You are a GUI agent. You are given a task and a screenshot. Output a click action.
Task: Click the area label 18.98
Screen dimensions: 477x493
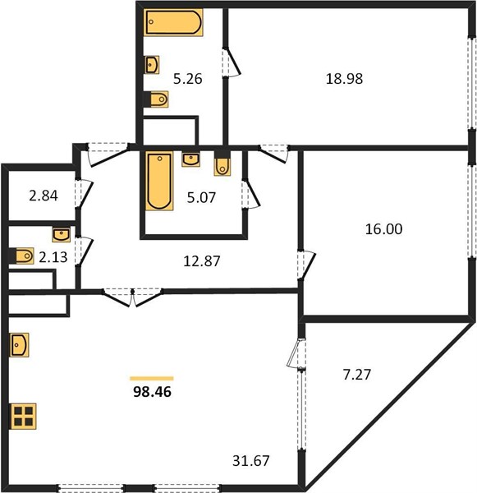[344, 79]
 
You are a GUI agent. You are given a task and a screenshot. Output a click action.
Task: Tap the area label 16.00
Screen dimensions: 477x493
[383, 229]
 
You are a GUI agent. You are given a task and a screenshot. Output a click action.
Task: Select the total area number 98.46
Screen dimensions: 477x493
[152, 392]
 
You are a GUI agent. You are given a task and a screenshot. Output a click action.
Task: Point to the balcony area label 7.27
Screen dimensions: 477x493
[357, 375]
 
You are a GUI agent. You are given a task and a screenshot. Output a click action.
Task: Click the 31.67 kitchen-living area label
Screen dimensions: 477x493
[250, 461]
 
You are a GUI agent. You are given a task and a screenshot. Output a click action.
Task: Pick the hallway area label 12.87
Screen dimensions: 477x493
[201, 261]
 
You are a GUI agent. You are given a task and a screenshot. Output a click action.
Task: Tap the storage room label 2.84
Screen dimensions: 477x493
[44, 196]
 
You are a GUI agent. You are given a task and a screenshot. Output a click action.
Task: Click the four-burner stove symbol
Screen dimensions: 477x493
[24, 416]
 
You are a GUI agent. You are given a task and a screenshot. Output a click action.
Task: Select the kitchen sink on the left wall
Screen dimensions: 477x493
[20, 345]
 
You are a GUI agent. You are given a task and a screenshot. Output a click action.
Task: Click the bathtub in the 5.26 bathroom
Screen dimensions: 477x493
[173, 22]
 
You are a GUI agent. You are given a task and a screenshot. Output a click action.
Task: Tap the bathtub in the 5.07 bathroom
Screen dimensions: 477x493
[159, 181]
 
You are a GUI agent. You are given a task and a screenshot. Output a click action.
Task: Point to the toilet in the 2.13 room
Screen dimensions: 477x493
[22, 256]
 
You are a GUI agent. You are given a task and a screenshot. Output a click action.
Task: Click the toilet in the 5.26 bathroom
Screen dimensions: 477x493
[157, 99]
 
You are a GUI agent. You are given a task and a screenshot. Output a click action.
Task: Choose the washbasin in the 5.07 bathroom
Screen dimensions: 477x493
[190, 159]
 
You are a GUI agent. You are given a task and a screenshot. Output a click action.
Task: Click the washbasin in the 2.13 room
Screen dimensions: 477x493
[62, 235]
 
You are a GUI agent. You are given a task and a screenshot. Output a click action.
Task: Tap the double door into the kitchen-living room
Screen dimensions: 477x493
[133, 297]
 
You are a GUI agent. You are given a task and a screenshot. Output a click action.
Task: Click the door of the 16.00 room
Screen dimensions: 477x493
[305, 265]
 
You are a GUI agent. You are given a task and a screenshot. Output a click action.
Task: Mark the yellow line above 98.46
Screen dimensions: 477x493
[152, 379]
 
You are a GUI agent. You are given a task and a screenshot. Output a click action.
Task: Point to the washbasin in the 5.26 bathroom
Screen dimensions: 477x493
[152, 65]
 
